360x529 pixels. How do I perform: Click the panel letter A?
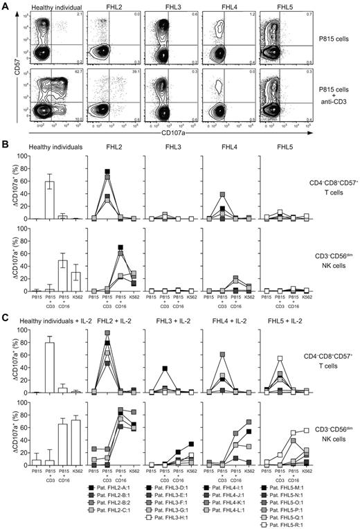coord(5,5)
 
